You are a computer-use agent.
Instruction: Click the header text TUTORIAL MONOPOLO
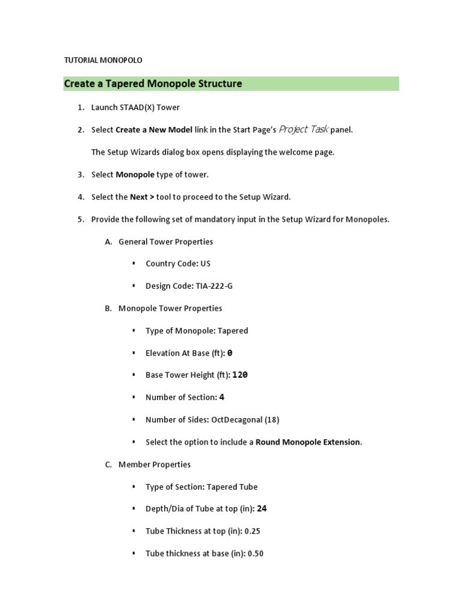[x=103, y=60]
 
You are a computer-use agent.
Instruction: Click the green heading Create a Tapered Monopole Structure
[x=153, y=84]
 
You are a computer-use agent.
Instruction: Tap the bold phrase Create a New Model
[x=154, y=130]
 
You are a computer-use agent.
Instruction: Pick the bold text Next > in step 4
[x=142, y=197]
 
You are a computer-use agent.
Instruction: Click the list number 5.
[x=81, y=220]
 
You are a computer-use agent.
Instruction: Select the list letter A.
[x=108, y=242]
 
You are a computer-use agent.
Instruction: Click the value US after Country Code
[x=206, y=263]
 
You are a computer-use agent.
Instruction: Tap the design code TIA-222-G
[x=214, y=286]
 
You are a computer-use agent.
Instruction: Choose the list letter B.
[x=108, y=309]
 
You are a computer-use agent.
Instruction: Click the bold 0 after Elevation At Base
[x=230, y=353]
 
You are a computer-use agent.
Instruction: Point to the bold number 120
[x=240, y=375]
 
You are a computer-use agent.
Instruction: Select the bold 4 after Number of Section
[x=222, y=397]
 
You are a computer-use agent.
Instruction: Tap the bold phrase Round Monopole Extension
[x=308, y=442]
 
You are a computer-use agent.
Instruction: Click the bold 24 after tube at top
[x=262, y=509]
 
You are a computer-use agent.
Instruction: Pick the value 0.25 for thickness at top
[x=253, y=531]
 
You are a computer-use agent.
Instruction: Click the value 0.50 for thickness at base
[x=256, y=553]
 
